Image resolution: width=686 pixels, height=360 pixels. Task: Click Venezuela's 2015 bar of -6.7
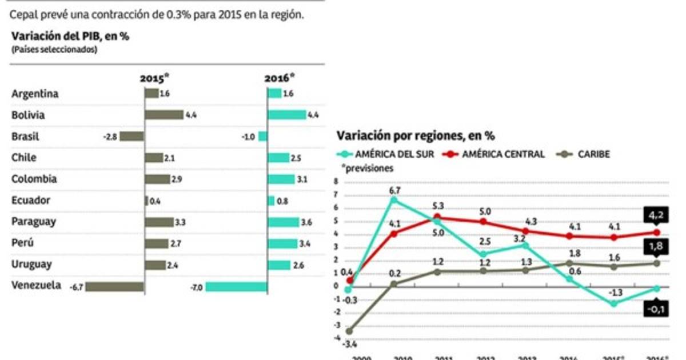(115, 287)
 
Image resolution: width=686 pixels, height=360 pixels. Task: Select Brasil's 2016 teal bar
(262, 137)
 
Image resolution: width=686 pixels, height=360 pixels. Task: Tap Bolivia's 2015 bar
(163, 115)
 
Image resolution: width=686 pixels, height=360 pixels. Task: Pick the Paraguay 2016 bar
(283, 222)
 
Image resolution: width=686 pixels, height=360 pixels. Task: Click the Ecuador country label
(31, 201)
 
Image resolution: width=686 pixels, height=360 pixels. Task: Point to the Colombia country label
(34, 179)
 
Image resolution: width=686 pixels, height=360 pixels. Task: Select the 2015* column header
(155, 78)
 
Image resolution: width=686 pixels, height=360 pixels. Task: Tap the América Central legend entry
(494, 154)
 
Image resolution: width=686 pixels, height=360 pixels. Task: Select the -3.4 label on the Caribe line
(349, 344)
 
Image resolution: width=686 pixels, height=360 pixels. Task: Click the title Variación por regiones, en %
(415, 136)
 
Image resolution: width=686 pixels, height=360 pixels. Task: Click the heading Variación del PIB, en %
(70, 36)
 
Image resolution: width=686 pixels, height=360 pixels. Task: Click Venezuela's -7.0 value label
(196, 287)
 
